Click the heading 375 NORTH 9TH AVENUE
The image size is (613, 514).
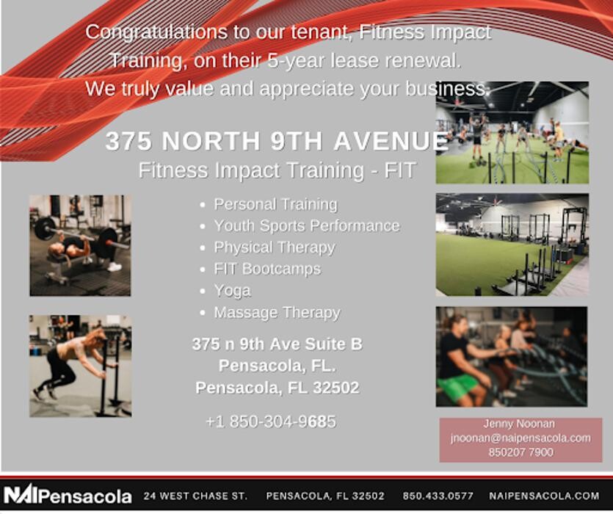tap(277, 141)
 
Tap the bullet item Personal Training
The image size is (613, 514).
tap(275, 205)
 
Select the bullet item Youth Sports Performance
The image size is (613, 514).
tap(307, 226)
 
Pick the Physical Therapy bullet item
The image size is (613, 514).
tap(275, 247)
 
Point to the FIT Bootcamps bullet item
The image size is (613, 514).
tap(267, 269)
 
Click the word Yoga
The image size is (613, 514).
tap(232, 292)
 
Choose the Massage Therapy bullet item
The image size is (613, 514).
tap(278, 313)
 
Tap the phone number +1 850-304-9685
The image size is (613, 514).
tap(271, 421)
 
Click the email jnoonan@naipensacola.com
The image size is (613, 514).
tap(520, 438)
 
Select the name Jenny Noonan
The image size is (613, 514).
tap(519, 424)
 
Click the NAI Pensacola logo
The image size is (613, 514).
tap(68, 494)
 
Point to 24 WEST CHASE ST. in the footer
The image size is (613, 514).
tap(195, 496)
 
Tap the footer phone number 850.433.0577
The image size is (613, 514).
tap(438, 496)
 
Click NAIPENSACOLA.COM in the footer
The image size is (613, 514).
tap(544, 496)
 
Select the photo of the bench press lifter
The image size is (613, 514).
tap(80, 245)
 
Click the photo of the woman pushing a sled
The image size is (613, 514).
tap(80, 366)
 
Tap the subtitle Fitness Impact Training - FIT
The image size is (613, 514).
tap(277, 170)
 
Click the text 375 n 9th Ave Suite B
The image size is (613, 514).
tap(278, 344)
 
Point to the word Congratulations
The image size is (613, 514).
tap(156, 32)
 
